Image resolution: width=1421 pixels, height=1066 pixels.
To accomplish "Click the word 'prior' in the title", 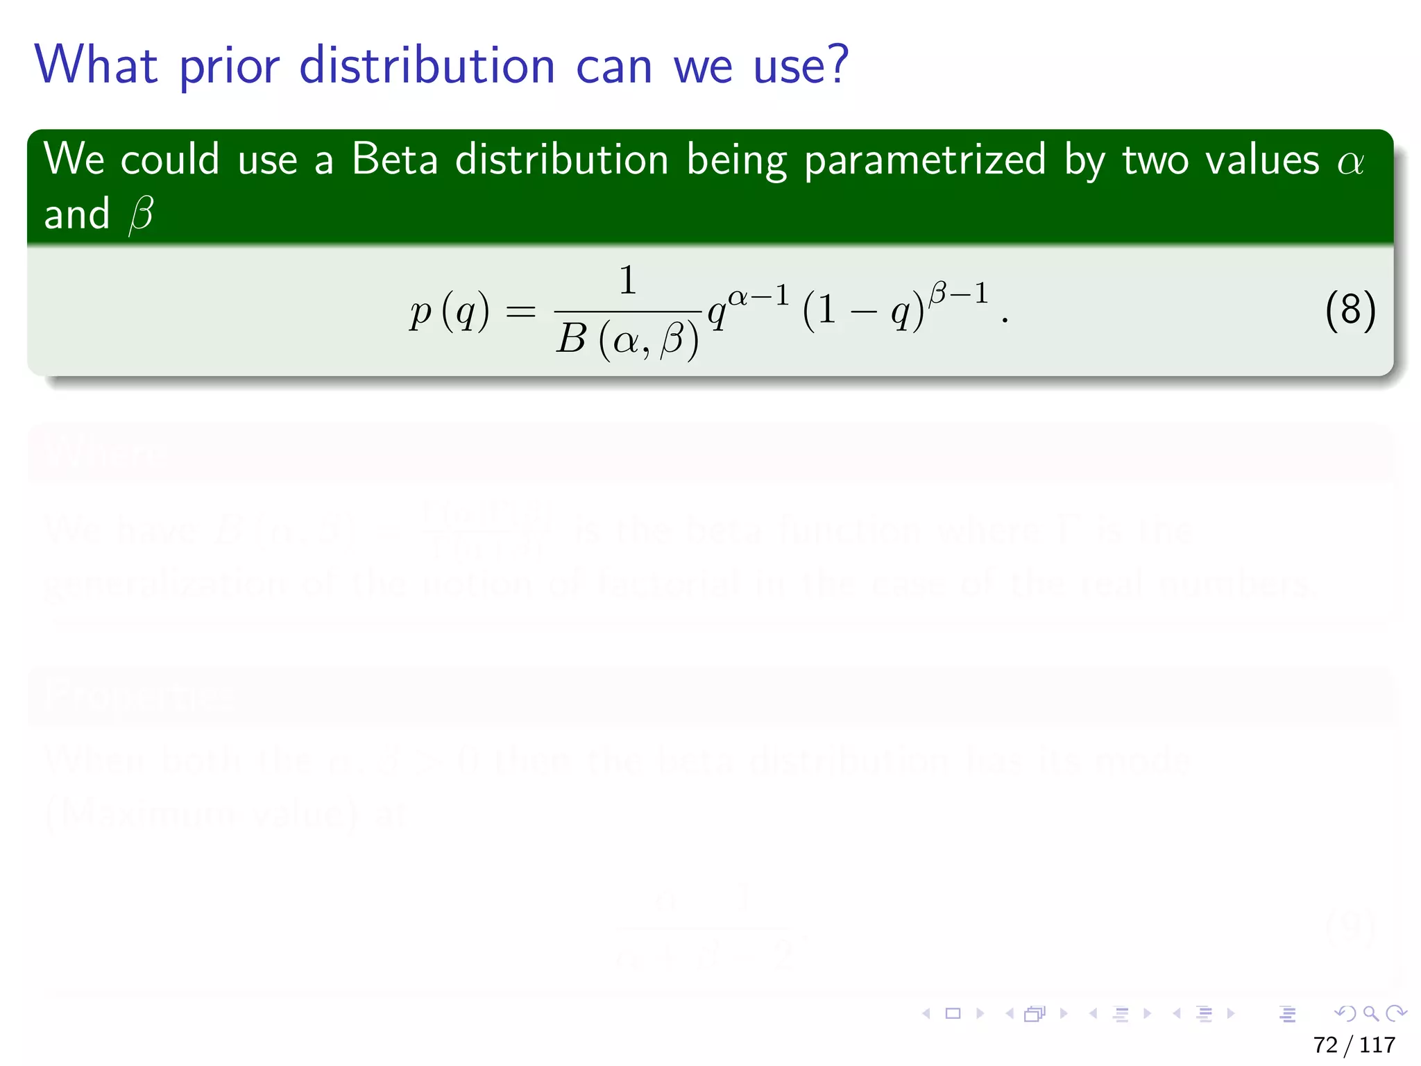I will tap(229, 67).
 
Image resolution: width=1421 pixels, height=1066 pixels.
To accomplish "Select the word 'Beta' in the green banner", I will tap(395, 160).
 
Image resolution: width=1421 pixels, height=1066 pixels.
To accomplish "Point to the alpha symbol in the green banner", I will tap(1350, 162).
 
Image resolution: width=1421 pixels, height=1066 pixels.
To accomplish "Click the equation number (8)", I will tap(1350, 310).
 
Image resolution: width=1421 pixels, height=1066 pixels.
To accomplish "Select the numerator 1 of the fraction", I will tap(627, 280).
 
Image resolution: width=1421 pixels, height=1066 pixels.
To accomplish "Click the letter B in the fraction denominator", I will tap(572, 339).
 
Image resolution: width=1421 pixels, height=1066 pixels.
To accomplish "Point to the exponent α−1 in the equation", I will tap(758, 296).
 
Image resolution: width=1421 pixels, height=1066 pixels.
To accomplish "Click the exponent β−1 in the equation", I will tap(958, 294).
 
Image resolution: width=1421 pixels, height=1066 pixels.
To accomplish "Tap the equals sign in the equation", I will tap(520, 312).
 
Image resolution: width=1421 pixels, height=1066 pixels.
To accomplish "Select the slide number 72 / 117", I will tap(1354, 1044).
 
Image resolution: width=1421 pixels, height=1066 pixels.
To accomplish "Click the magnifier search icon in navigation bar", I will tap(1370, 1013).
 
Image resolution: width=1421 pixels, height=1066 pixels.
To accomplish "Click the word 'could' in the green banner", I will tap(170, 160).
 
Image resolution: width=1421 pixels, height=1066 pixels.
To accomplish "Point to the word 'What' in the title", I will tap(96, 66).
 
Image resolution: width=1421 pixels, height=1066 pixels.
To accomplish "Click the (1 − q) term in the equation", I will tap(863, 312).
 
